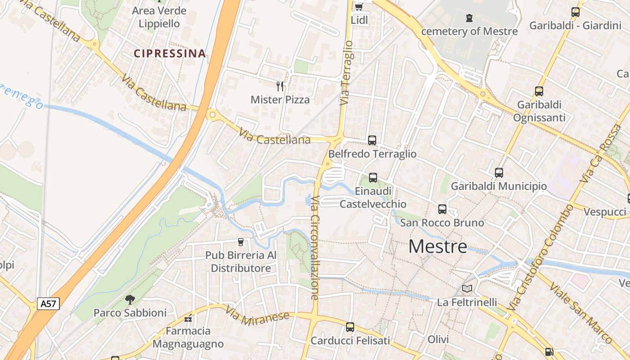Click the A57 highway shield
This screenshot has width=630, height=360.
(x=48, y=304)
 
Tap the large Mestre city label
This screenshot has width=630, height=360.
(x=438, y=247)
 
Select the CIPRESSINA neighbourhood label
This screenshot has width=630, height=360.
(x=170, y=54)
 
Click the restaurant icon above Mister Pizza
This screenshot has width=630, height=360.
(x=280, y=86)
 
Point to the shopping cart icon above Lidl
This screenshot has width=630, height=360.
(x=359, y=7)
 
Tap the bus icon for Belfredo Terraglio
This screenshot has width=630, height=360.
(x=372, y=140)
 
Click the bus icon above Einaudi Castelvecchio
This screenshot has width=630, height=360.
(x=373, y=177)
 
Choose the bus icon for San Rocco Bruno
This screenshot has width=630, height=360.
(x=442, y=209)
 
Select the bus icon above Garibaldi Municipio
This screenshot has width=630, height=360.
(x=499, y=172)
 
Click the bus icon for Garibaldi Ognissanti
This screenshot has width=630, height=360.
(x=539, y=91)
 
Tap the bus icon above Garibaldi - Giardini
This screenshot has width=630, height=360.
(x=576, y=12)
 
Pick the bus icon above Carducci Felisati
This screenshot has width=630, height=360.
(x=350, y=327)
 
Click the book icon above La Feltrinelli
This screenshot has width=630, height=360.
(x=467, y=288)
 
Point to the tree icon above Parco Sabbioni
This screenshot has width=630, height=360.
(x=130, y=299)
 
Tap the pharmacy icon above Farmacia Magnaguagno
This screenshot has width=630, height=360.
(x=188, y=318)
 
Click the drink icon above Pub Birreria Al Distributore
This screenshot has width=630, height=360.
(x=240, y=242)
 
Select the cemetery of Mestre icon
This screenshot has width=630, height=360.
(x=469, y=18)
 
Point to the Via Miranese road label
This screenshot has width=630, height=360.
(x=257, y=316)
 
